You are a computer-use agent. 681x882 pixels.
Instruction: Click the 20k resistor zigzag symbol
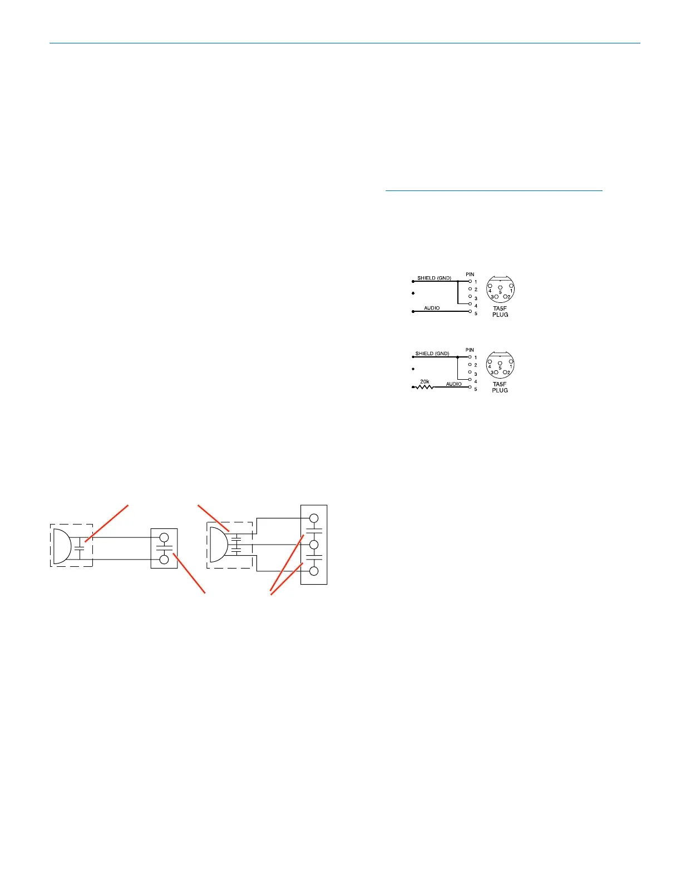[x=425, y=387]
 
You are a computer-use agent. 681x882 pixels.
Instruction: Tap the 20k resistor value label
[x=425, y=381]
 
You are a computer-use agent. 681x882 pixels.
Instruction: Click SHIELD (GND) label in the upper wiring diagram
[x=434, y=278]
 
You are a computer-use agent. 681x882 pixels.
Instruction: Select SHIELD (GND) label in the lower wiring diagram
[x=432, y=354]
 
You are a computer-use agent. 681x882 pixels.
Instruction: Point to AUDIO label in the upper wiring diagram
[x=432, y=308]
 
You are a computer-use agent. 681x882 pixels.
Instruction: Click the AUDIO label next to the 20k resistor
[x=454, y=384]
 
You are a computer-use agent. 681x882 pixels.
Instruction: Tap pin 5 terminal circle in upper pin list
[x=470, y=311]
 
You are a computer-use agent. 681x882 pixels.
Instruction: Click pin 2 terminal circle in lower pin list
[x=470, y=365]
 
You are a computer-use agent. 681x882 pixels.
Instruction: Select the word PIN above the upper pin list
[x=470, y=275]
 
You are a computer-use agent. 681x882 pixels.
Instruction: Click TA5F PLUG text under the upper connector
[x=500, y=312]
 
